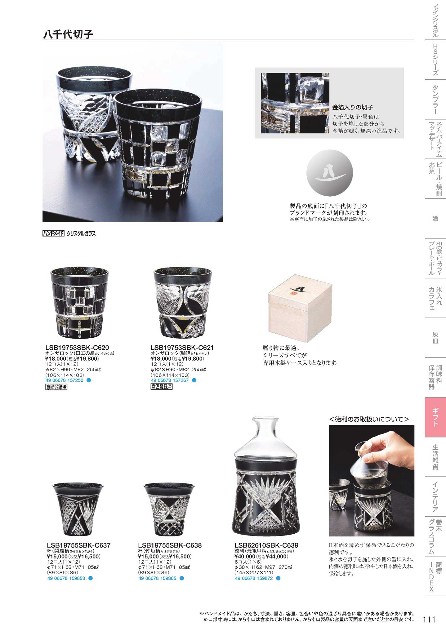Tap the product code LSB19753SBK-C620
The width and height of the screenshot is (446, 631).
pyautogui.click(x=77, y=348)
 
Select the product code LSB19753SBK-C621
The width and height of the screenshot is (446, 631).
pyautogui.click(x=182, y=348)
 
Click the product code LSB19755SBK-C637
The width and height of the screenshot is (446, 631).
pyautogui.click(x=79, y=545)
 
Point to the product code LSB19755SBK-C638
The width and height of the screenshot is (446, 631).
pyautogui.click(x=170, y=545)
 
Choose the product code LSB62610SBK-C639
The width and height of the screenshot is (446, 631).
pyautogui.click(x=266, y=545)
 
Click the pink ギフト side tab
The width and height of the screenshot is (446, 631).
pyautogui.click(x=435, y=417)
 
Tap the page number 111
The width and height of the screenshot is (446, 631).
pyautogui.click(x=429, y=620)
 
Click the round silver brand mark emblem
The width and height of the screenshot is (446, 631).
pyautogui.click(x=330, y=173)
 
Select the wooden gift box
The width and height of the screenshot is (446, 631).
pyautogui.click(x=300, y=308)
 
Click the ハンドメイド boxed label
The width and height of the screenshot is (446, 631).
pyautogui.click(x=53, y=233)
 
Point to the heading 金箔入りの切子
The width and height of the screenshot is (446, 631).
pyautogui.click(x=353, y=107)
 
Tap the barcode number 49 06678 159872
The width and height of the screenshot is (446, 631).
pyautogui.click(x=254, y=578)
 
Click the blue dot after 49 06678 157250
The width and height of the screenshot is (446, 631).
pyautogui.click(x=89, y=380)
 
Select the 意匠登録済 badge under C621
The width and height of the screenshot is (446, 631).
pyautogui.click(x=161, y=387)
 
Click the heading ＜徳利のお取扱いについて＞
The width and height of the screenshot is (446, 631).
pyautogui.click(x=369, y=419)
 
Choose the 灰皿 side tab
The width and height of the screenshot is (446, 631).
pyautogui.click(x=435, y=338)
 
